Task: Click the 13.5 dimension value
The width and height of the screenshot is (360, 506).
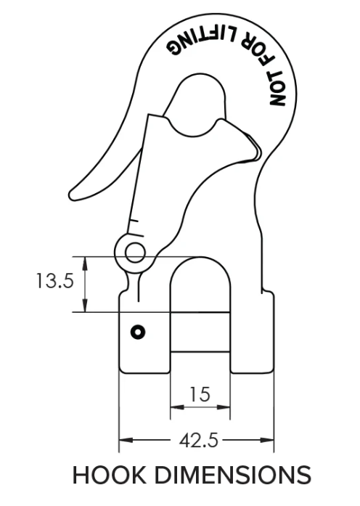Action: (54, 281)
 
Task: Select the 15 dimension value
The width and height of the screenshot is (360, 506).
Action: (200, 394)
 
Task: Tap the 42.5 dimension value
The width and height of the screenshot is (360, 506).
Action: (196, 440)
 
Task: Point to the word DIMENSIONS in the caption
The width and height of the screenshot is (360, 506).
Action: (231, 476)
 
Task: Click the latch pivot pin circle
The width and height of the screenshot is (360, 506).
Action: (134, 253)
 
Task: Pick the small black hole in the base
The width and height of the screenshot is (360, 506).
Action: (137, 332)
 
